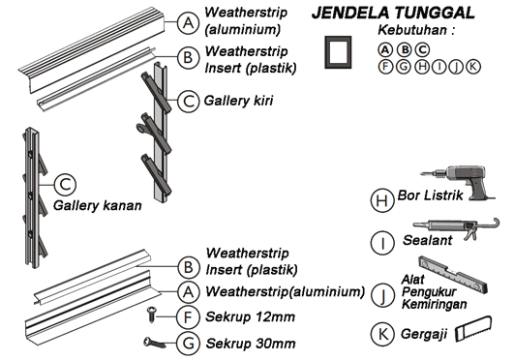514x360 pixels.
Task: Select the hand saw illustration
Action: pos(473,329)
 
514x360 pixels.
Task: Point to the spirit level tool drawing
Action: pos(453,275)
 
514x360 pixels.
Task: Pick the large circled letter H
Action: pos(382,200)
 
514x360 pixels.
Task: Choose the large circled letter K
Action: pos(382,334)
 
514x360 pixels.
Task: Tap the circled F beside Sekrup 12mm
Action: pos(188,317)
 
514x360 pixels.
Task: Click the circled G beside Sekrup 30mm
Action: pos(188,344)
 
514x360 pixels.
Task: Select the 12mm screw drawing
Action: pos(151,315)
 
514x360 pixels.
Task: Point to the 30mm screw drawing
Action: pos(154,344)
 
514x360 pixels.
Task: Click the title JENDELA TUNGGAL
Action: pos(393,14)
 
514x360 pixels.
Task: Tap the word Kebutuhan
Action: pos(412,30)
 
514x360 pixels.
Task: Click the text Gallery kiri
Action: pos(238,101)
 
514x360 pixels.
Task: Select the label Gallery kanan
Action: pos(98,205)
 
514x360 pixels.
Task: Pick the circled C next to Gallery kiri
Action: pos(188,101)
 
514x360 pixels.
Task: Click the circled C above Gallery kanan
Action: pos(65,185)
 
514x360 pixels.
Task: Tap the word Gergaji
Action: pos(424,335)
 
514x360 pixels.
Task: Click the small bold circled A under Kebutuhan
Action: pos(385,50)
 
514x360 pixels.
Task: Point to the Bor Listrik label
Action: pos(430,195)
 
